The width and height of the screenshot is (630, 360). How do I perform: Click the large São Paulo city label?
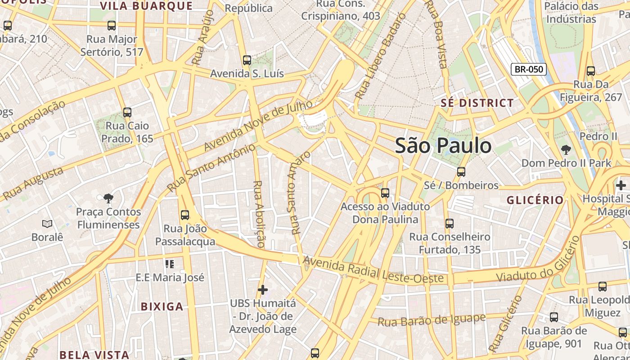(x=443, y=146)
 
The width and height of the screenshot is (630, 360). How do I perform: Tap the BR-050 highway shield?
(x=529, y=69)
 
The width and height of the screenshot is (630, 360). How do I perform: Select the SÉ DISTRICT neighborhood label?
(x=477, y=103)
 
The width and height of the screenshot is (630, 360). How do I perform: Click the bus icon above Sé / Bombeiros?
(x=461, y=171)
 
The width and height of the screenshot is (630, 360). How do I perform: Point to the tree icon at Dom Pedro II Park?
(x=566, y=149)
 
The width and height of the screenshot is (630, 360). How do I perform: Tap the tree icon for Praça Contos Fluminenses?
(x=108, y=198)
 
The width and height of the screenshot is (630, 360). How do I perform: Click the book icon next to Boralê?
(x=47, y=224)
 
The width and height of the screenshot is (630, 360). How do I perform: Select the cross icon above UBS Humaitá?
(x=263, y=290)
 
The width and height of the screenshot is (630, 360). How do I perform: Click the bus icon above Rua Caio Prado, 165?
(x=127, y=112)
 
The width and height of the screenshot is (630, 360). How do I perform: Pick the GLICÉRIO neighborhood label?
(x=535, y=200)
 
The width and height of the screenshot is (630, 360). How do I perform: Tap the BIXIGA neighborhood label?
(x=162, y=307)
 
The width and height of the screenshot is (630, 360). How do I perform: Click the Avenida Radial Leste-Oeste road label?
(x=373, y=270)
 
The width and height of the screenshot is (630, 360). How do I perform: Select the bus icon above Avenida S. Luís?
(x=247, y=60)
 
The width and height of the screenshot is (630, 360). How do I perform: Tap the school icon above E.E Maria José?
(x=169, y=264)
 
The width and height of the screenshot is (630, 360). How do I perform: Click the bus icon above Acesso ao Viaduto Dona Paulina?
(x=385, y=193)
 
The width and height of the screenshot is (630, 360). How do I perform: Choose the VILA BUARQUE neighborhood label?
(x=146, y=6)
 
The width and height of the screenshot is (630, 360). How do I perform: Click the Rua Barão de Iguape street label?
(x=432, y=320)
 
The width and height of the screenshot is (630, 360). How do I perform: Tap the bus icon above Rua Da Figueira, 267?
(x=590, y=71)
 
